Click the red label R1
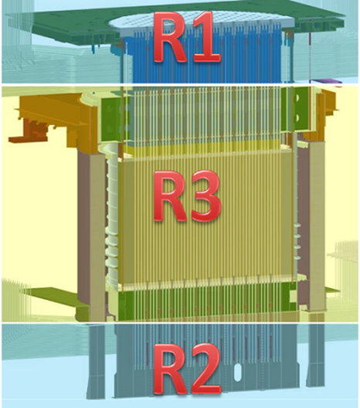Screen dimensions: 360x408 (187, 36)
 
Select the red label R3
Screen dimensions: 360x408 (187, 195)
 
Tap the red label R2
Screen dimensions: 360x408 (187, 371)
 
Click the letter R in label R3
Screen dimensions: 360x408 (170, 195)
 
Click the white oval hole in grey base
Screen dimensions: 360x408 (237, 372)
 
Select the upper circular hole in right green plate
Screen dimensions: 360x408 (297, 98)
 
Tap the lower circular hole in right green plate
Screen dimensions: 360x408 (297, 119)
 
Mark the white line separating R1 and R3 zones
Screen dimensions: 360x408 (180, 84)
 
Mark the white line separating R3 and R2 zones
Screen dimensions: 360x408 (180, 323)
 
